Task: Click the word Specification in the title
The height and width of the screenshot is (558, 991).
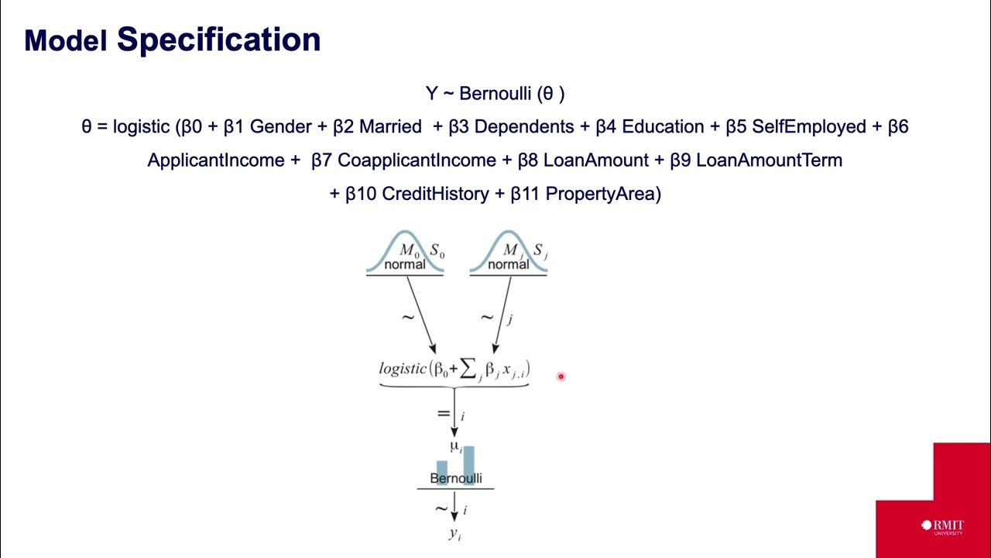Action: click(x=218, y=40)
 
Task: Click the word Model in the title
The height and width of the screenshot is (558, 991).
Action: click(x=66, y=41)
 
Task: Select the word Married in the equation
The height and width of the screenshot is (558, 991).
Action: click(x=391, y=126)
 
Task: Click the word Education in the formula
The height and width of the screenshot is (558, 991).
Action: click(x=664, y=126)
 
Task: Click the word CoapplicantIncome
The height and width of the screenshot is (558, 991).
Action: click(x=417, y=160)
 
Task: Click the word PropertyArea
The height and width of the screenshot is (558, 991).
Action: click(x=603, y=194)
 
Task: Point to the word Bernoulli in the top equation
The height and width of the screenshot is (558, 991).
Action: click(x=495, y=94)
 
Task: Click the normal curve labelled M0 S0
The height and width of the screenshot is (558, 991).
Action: click(x=405, y=253)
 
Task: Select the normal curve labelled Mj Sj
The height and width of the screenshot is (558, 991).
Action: click(x=509, y=253)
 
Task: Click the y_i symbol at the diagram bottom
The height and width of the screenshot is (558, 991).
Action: click(x=454, y=533)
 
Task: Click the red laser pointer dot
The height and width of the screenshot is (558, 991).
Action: click(x=561, y=377)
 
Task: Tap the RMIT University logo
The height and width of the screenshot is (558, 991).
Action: click(x=942, y=526)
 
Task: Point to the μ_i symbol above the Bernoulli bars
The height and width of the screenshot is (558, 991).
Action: click(x=456, y=446)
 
